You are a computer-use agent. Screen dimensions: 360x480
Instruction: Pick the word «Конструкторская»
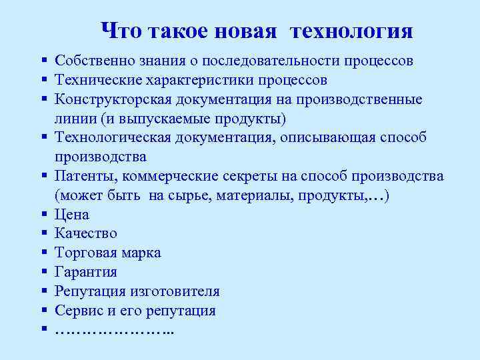coord(115,100)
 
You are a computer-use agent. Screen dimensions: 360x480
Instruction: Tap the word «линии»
coord(74,119)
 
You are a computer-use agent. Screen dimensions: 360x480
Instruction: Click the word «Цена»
coord(72,215)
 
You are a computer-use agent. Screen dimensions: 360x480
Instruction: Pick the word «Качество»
coord(86,234)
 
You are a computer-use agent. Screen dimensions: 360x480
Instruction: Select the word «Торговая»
coord(87,253)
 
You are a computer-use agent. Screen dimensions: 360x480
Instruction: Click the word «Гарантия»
coord(86,272)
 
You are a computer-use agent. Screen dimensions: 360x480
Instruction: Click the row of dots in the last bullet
coord(114,330)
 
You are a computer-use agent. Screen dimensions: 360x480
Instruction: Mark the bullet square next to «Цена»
coord(42,215)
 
